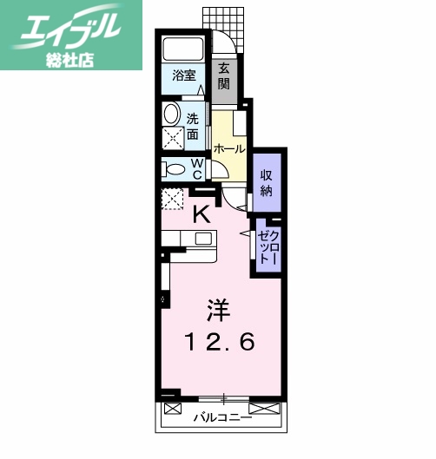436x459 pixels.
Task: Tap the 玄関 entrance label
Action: tap(224, 76)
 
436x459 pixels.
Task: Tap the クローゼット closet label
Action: tap(267, 246)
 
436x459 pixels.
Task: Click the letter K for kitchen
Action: tap(200, 213)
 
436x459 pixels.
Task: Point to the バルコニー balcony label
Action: tap(221, 417)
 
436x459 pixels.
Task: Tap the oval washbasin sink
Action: tap(171, 114)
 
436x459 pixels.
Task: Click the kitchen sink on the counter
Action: tap(203, 239)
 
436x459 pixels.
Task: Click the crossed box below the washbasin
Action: tap(171, 137)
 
